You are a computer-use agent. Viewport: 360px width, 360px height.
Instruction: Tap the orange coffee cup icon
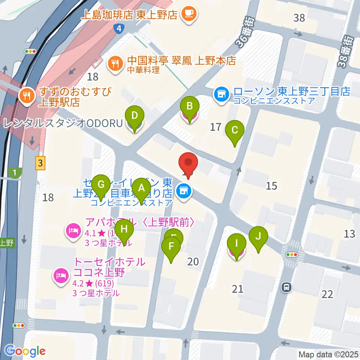[x=187, y=15]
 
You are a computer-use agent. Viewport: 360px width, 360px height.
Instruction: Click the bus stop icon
[x=286, y=287]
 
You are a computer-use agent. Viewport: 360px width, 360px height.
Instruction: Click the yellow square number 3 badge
[x=41, y=162]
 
